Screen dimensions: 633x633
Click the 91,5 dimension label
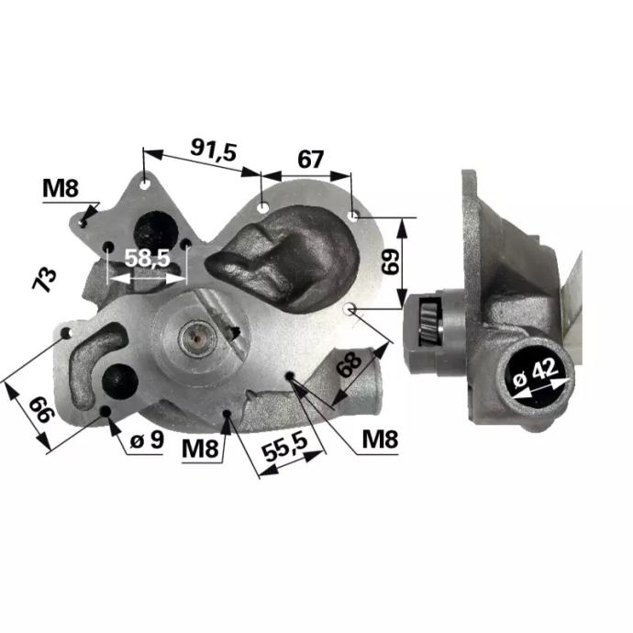click(213, 150)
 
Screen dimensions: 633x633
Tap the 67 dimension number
click(310, 160)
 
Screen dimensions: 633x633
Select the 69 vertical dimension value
click(391, 261)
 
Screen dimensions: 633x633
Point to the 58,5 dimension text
click(148, 259)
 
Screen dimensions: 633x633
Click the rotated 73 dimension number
click(44, 279)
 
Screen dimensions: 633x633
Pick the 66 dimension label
click(41, 408)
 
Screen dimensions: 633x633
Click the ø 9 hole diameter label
click(148, 440)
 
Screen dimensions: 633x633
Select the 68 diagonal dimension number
click(349, 364)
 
